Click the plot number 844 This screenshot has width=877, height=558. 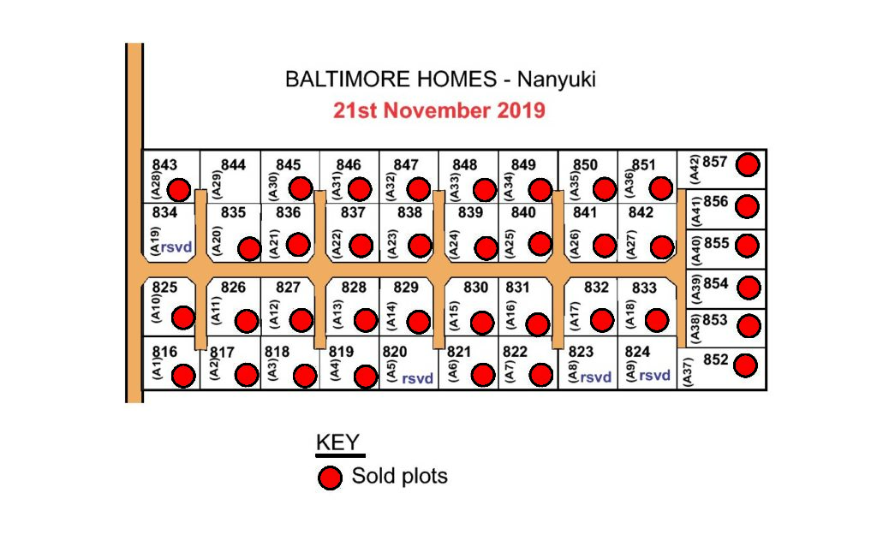[x=233, y=165]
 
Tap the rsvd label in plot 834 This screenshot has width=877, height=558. [x=176, y=246]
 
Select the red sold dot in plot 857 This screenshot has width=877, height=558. [x=748, y=165]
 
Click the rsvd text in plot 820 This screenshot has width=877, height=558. [x=417, y=378]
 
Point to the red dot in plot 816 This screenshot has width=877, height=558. [x=183, y=376]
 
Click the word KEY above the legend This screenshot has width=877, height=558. [x=337, y=442]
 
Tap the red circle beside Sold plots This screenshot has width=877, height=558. [x=330, y=478]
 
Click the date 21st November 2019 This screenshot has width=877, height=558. [x=439, y=110]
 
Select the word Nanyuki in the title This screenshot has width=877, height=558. [x=556, y=80]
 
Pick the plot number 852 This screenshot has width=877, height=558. [x=715, y=359]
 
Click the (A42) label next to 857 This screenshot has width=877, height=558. [x=694, y=169]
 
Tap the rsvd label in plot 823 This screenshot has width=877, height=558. [x=595, y=377]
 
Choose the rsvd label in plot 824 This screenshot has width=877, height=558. [x=654, y=375]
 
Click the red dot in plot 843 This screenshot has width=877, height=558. [x=179, y=190]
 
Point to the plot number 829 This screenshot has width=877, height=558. [x=405, y=288]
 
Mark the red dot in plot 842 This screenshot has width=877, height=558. [x=662, y=247]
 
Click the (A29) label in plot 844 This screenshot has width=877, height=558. [x=217, y=185]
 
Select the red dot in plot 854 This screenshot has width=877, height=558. [x=749, y=288]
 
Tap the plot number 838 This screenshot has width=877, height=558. [x=409, y=212]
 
